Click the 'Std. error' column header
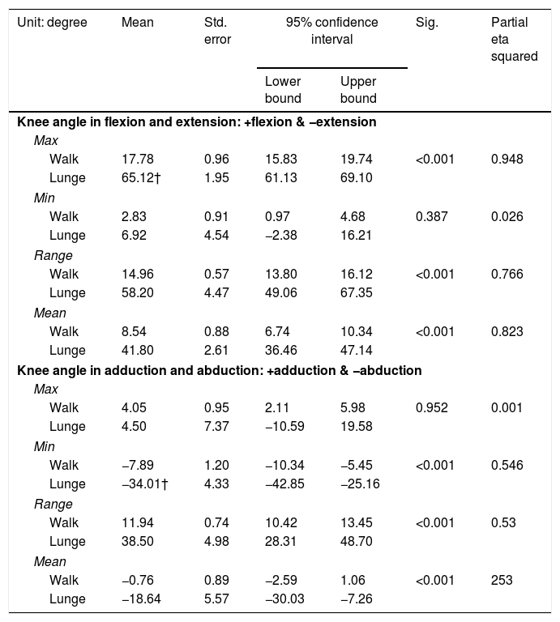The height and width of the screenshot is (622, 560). coord(217,31)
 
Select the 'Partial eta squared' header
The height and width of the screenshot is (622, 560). coord(514,39)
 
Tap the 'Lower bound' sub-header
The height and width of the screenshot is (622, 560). coord(283,90)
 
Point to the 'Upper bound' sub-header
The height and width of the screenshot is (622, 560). coord(358,90)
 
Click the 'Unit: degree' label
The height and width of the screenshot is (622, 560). coord(52,22)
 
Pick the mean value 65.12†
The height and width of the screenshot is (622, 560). coord(141,177)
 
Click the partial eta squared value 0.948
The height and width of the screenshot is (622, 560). coord(507,159)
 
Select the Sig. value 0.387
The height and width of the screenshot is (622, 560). coord(431,216)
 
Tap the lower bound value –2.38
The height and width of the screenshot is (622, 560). coord(280,235)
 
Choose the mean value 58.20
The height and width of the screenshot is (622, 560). coord(137,292)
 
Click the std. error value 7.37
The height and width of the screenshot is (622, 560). coord(216,427)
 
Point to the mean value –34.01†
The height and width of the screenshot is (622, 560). coord(144,484)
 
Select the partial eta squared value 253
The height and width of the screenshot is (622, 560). coord(502,581)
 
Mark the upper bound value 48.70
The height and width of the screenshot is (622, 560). coord(356,542)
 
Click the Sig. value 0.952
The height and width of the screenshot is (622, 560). coord(431,408)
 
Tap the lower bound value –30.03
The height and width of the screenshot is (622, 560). coord(284,599)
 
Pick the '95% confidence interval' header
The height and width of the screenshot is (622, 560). coord(331,31)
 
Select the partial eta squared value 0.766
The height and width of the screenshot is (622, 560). coord(507,274)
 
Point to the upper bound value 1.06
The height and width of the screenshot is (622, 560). coord(353,581)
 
